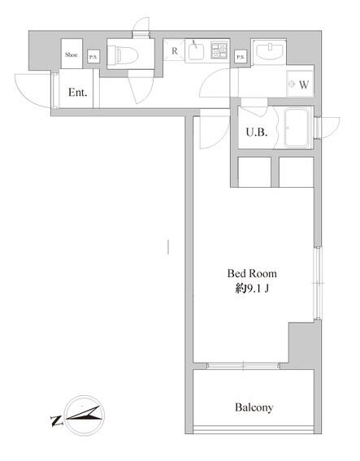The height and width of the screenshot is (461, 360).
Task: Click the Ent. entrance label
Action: pyautogui.click(x=77, y=93)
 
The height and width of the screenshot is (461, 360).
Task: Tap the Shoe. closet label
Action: pyautogui.click(x=72, y=54)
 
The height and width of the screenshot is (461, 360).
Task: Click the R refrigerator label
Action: pyautogui.click(x=175, y=51)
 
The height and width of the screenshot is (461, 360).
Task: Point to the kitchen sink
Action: pyautogui.click(x=196, y=50)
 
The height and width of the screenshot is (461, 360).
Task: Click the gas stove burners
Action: pyautogui.click(x=219, y=50)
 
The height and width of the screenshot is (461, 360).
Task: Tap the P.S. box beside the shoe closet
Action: pyautogui.click(x=93, y=56)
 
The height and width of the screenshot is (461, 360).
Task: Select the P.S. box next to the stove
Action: pyautogui.click(x=241, y=57)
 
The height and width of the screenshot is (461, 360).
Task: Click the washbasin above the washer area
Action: pyautogui.click(x=270, y=51)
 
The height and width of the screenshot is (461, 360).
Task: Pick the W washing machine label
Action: pyautogui.click(x=304, y=85)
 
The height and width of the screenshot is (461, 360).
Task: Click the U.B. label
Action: pyautogui.click(x=257, y=133)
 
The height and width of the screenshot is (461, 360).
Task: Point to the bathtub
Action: pyautogui.click(x=296, y=128)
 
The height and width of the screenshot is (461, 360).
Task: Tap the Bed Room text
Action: pyautogui.click(x=252, y=273)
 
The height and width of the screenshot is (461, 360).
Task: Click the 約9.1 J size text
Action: pyautogui.click(x=252, y=289)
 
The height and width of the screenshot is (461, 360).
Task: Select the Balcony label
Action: pyautogui.click(x=254, y=407)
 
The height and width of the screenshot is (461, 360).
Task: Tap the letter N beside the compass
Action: pyautogui.click(x=57, y=421)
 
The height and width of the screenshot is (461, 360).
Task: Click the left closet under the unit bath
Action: pyautogui.click(x=254, y=172)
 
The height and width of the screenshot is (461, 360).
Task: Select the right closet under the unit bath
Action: pyautogui.click(x=297, y=172)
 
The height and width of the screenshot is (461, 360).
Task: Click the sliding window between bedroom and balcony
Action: pyautogui.click(x=243, y=366)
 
